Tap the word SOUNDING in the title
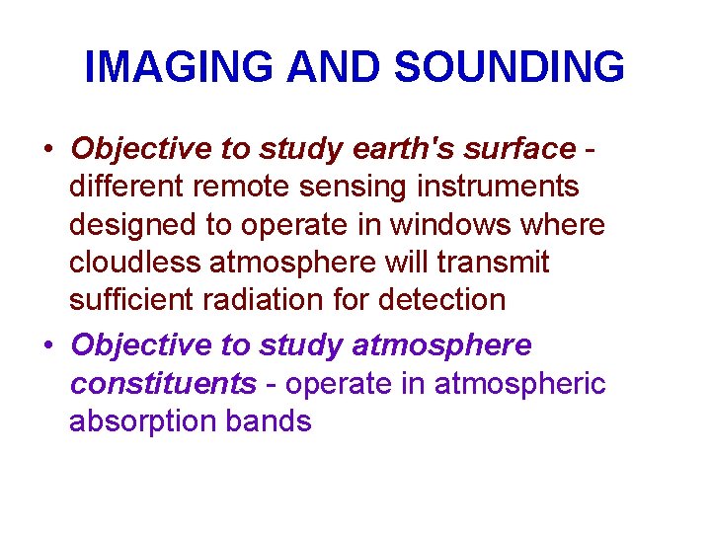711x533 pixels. (x=509, y=67)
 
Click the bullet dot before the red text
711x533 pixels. (x=48, y=150)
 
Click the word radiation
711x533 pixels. (x=276, y=299)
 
